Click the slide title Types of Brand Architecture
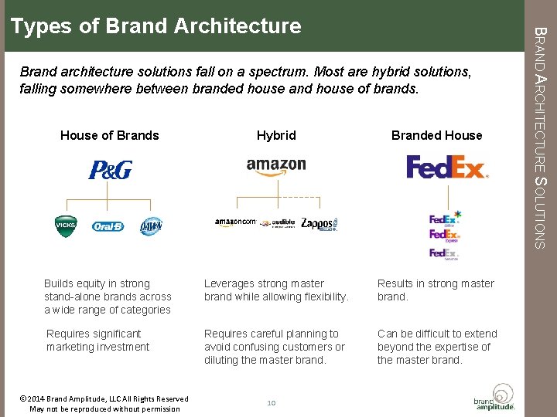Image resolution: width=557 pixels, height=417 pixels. coord(155,26)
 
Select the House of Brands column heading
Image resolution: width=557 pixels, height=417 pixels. coord(109,135)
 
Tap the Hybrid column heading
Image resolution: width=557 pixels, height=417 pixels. coord(276,135)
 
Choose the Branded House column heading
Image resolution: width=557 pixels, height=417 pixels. coord(436,135)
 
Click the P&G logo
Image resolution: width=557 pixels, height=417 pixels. coord(110,170)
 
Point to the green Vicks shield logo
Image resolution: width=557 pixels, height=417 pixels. coord(66,225)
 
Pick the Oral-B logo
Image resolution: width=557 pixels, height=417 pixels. coord(108,226)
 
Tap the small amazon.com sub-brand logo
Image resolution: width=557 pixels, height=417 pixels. coord(234,222)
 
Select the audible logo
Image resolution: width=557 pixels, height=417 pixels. coord(277,223)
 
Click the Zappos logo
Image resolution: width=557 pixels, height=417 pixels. coord(319,224)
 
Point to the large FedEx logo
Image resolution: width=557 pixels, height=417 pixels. coord(447,167)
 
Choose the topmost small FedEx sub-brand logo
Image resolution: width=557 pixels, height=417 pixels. coord(445,218)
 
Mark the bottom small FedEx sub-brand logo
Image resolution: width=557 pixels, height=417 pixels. coord(444,253)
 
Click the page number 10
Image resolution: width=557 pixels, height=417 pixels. coord(271,402)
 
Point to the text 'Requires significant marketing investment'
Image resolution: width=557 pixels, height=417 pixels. coord(97,341)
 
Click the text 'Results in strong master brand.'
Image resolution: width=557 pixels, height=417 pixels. coord(436,290)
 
